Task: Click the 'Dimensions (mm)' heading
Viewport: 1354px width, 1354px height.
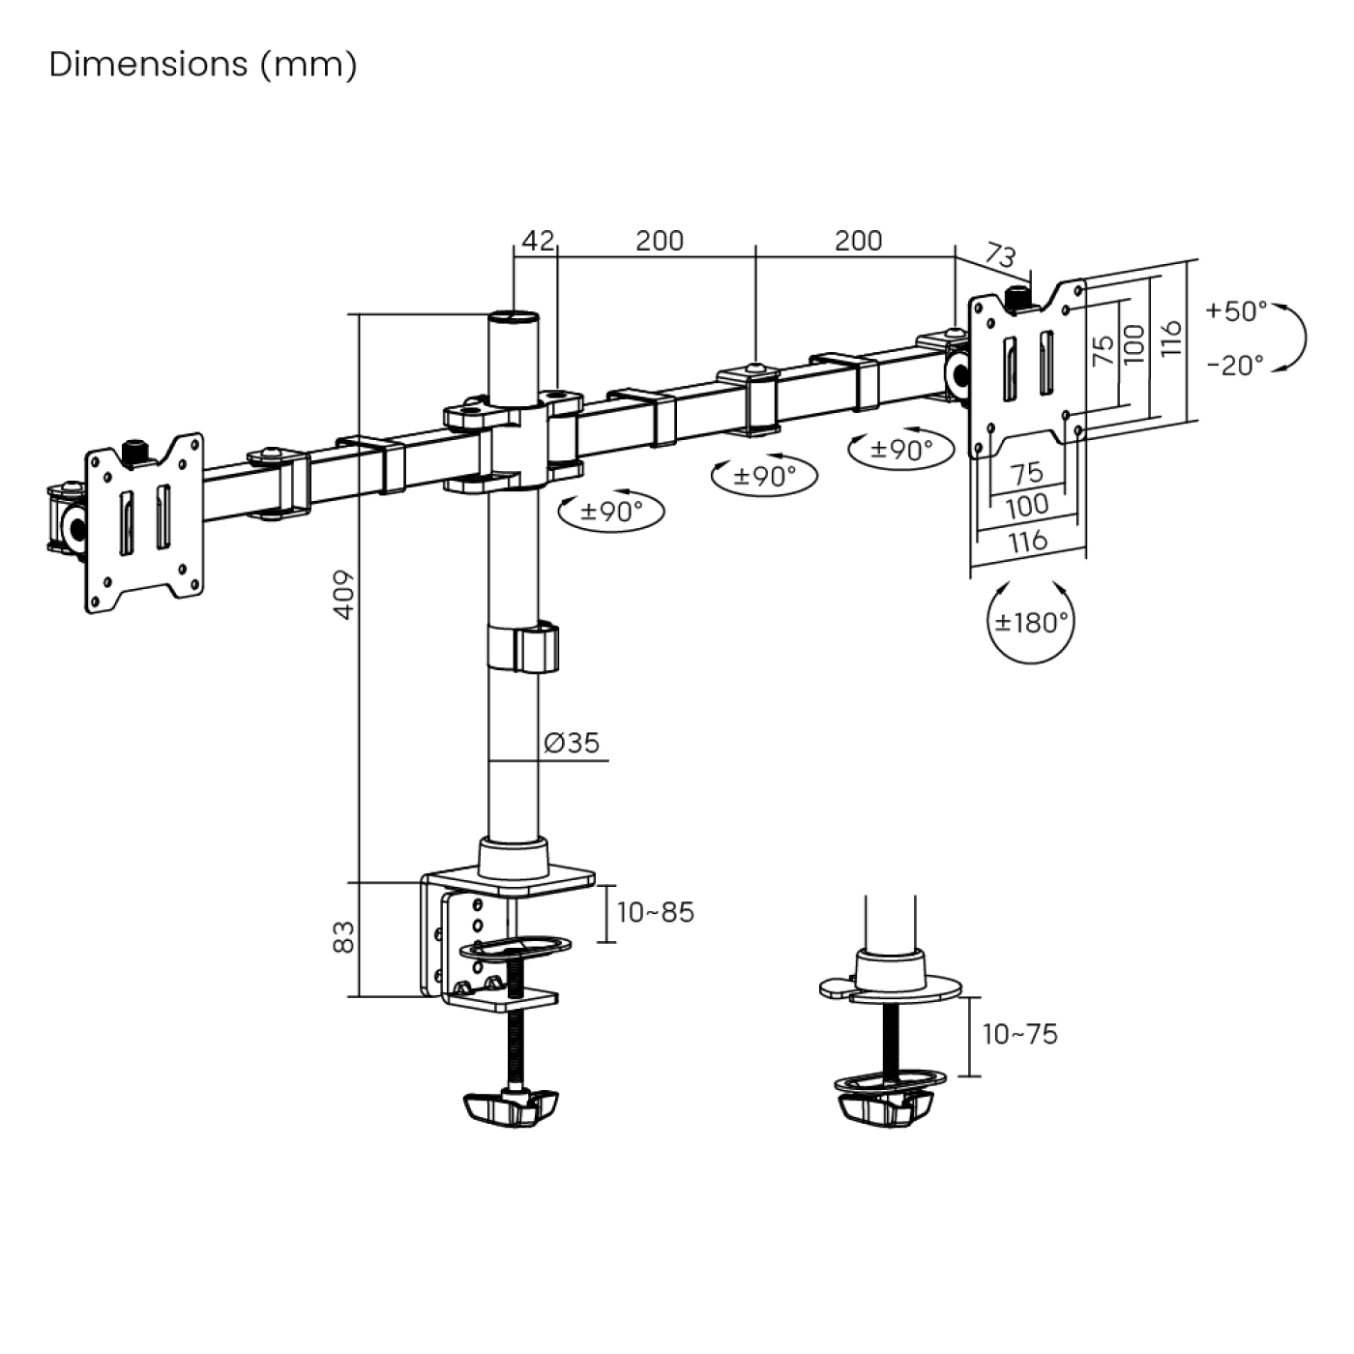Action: pos(203,65)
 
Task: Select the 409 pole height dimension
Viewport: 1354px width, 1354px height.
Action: pos(345,595)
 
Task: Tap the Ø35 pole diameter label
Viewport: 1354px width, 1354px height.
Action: pos(572,743)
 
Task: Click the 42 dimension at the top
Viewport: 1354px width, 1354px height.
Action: pos(538,240)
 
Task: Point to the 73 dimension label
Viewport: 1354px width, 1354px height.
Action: pos(1001,255)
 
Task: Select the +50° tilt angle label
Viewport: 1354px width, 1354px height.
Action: pos(1235,311)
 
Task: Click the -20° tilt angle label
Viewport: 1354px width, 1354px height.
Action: pos(1235,366)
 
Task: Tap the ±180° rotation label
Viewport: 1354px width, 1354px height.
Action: pos(1032,622)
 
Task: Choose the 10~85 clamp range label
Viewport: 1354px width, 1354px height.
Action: pos(656,913)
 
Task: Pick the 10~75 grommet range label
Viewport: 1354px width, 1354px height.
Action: pos(1020,1034)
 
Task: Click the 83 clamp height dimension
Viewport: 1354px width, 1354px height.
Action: pos(345,937)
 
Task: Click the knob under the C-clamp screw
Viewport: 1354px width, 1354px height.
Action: pos(512,1107)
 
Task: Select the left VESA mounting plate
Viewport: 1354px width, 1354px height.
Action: pos(145,522)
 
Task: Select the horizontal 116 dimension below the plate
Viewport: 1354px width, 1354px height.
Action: pos(1027,541)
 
